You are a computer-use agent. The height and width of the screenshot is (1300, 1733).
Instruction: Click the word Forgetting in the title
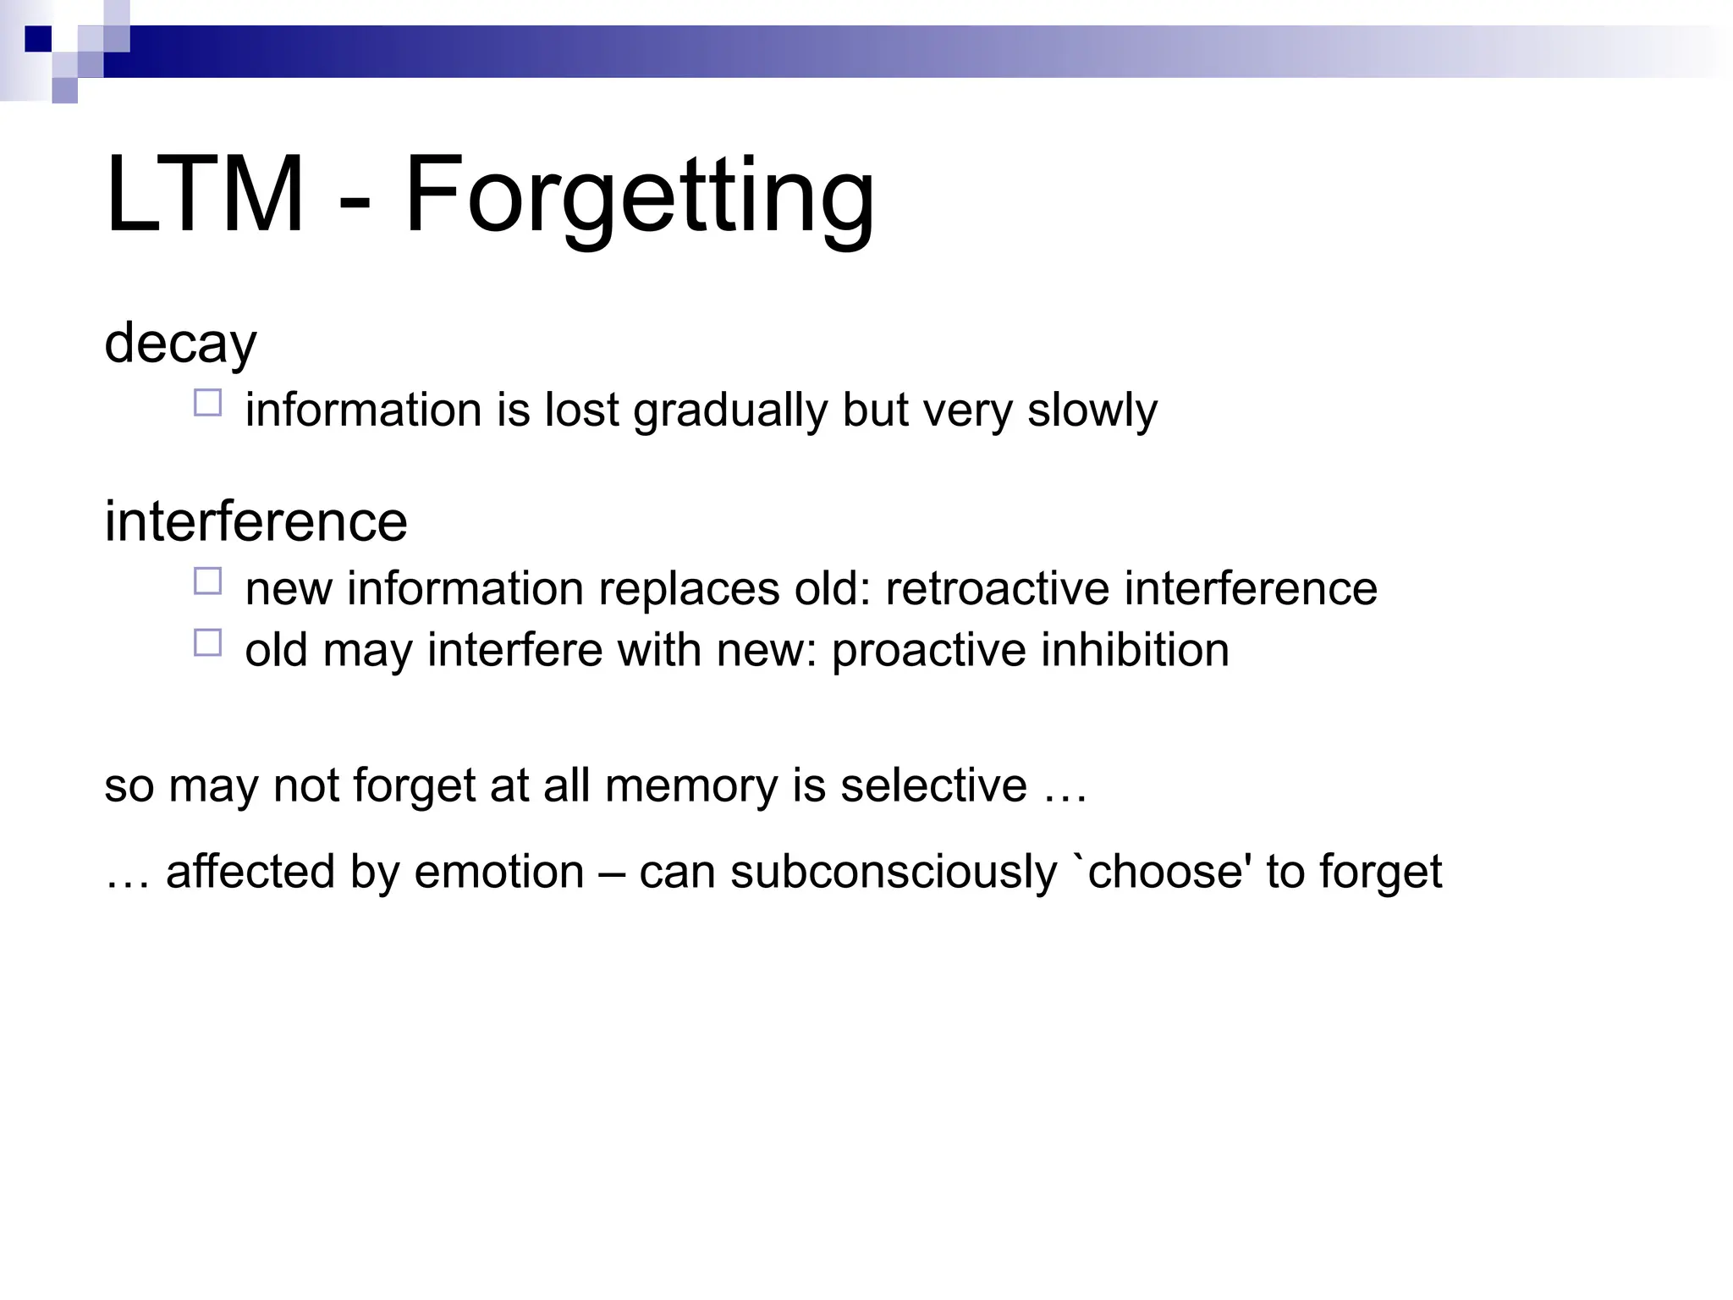click(x=639, y=196)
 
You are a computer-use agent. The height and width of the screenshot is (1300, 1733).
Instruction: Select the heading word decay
click(x=180, y=343)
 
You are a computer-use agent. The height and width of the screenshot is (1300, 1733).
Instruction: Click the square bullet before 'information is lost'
click(x=207, y=403)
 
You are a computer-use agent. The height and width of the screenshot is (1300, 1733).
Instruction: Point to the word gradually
click(x=730, y=410)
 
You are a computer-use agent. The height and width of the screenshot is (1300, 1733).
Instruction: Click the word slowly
click(x=1092, y=410)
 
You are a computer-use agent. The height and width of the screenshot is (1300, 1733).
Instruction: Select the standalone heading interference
click(x=256, y=521)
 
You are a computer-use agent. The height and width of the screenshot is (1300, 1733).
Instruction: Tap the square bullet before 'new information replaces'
click(x=207, y=581)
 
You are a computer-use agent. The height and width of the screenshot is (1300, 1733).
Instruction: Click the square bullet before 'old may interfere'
click(x=207, y=643)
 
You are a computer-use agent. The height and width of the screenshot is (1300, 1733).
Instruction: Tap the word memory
click(x=690, y=786)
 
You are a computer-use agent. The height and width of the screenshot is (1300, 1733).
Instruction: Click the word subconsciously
click(x=894, y=872)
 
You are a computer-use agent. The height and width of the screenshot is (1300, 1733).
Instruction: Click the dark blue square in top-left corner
click(x=38, y=39)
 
